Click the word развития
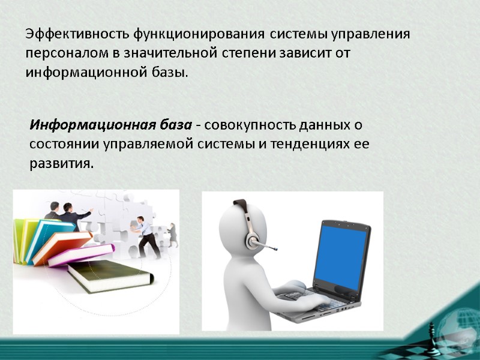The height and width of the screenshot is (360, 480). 61,164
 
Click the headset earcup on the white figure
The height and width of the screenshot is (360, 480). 251,238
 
